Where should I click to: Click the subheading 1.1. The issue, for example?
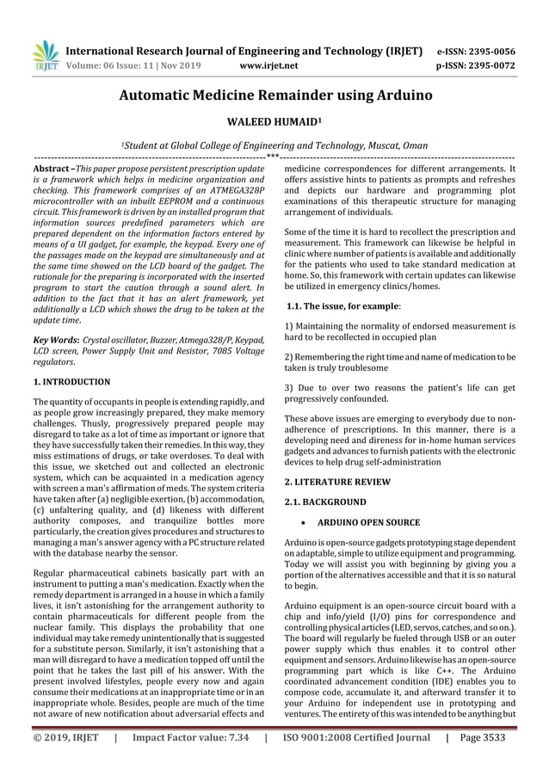click(x=344, y=305)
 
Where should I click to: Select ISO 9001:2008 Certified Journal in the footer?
click(x=355, y=761)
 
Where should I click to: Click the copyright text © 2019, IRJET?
click(x=65, y=761)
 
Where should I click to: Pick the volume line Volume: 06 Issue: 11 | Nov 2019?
click(x=140, y=64)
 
